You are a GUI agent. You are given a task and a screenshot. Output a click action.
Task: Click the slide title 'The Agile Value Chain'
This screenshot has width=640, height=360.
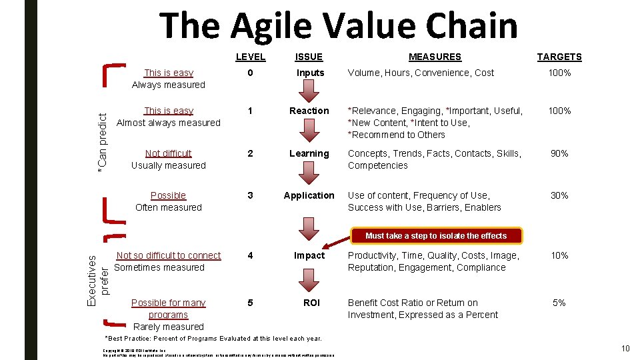click(338, 26)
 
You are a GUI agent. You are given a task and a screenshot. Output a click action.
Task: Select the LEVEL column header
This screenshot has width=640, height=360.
click(250, 57)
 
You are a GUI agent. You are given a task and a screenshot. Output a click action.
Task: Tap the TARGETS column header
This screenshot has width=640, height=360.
click(559, 57)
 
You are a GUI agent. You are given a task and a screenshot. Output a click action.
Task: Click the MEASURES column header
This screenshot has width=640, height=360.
click(435, 57)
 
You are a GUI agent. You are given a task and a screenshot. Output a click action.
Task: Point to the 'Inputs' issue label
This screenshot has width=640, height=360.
click(310, 73)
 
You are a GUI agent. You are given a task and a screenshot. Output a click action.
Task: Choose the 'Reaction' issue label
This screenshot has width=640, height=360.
click(309, 111)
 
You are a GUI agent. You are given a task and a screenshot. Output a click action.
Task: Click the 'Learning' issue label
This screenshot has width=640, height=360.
click(309, 153)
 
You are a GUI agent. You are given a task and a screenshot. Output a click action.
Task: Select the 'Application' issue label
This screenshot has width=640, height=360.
click(309, 195)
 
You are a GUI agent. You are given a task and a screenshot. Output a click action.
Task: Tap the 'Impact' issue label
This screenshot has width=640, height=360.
click(310, 255)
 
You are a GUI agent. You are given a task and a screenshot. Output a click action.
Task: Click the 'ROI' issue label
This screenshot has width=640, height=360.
click(311, 303)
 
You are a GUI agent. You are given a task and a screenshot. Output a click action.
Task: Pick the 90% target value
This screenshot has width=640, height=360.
click(559, 153)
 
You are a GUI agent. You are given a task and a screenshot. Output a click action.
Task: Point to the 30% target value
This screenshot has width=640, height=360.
click(559, 195)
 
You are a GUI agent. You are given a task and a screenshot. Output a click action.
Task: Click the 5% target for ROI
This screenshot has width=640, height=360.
click(559, 303)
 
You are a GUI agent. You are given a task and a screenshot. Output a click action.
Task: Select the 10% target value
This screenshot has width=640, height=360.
click(559, 255)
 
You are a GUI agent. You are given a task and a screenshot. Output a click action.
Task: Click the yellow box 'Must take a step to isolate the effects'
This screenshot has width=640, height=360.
click(436, 235)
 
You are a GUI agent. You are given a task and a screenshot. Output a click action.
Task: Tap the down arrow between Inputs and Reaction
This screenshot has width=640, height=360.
click(310, 91)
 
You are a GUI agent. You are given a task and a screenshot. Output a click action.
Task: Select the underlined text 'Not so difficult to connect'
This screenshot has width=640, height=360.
click(168, 255)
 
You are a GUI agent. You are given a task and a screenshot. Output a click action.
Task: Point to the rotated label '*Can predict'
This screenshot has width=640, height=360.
click(102, 144)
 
